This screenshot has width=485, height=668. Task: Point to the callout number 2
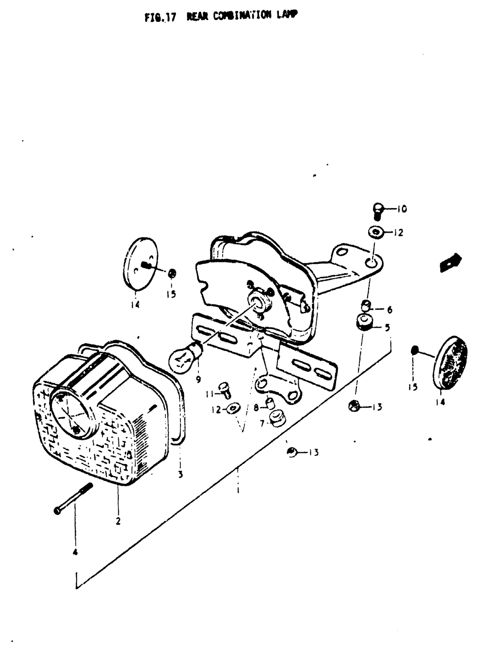coord(118,522)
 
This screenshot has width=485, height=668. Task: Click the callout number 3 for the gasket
coord(180,474)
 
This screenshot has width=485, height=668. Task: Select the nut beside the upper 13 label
coord(354,406)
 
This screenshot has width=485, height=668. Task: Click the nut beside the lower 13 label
coord(292,453)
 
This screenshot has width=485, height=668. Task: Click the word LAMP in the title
coord(287,15)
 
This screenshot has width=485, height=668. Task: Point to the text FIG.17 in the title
coord(160,18)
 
